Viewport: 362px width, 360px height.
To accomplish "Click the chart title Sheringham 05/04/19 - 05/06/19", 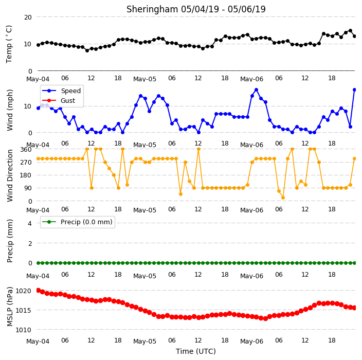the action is [196, 9].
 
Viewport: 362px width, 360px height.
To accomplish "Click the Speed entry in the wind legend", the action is [70, 91].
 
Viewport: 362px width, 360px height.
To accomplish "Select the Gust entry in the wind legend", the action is [68, 100].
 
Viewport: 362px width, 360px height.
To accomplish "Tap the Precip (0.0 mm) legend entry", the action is [86, 222].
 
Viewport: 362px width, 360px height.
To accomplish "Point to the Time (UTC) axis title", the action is [196, 351].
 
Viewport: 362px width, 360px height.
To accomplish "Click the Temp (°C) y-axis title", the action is [9, 44].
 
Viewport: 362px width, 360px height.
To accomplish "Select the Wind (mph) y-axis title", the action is [10, 110].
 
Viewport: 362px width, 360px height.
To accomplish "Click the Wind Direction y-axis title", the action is [10, 175].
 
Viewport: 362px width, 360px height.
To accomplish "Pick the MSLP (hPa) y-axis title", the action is [10, 307].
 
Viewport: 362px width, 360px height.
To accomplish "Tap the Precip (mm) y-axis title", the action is [10, 241].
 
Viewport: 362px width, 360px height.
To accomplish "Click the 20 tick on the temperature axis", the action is [28, 17].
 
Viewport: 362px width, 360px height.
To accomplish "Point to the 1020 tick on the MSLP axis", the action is [23, 291].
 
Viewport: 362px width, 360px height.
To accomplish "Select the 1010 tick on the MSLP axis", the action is [23, 330].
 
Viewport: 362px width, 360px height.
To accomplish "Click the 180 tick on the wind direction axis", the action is [26, 175].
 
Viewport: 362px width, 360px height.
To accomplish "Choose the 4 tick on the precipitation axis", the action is [30, 223].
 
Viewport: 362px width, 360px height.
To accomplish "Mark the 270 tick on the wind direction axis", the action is [26, 163].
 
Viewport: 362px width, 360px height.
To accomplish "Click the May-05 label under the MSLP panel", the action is [145, 341].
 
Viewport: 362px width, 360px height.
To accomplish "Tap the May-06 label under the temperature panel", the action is [251, 79].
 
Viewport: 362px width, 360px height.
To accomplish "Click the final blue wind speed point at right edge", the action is [355, 90].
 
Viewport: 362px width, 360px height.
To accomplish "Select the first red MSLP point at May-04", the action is [39, 290].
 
